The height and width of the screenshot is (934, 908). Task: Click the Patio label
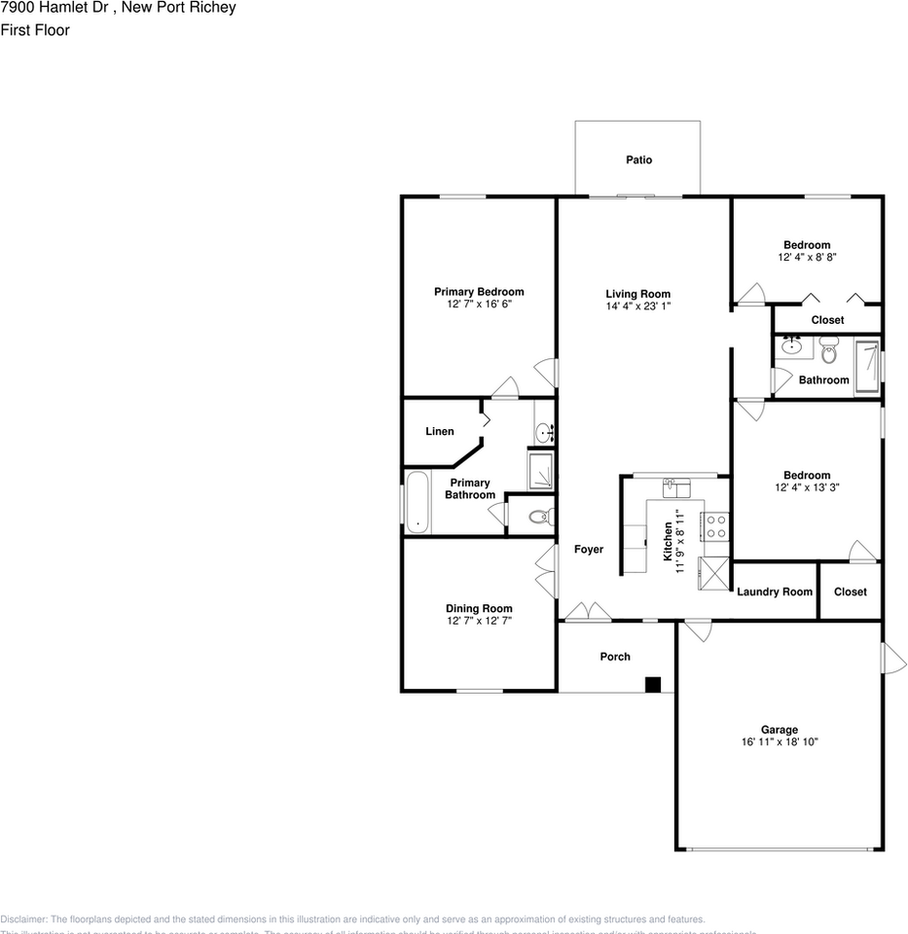click(638, 160)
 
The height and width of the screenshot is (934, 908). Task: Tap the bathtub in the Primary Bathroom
click(418, 501)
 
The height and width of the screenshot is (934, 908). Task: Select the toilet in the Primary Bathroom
click(539, 516)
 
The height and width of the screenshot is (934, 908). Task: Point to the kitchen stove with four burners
click(715, 526)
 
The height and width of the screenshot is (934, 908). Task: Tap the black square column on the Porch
click(653, 684)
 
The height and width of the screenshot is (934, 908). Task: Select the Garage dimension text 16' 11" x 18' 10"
click(779, 742)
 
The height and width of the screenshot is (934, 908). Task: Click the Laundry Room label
click(775, 592)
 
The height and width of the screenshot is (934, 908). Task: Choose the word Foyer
click(588, 550)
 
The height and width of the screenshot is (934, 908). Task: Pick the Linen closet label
click(440, 431)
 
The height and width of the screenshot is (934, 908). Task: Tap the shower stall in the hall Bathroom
click(868, 366)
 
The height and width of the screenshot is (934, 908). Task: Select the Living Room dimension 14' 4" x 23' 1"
click(637, 305)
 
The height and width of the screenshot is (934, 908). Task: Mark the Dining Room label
click(479, 609)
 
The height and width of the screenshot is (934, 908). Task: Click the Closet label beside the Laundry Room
click(850, 592)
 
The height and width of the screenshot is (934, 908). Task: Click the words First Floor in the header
click(35, 30)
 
